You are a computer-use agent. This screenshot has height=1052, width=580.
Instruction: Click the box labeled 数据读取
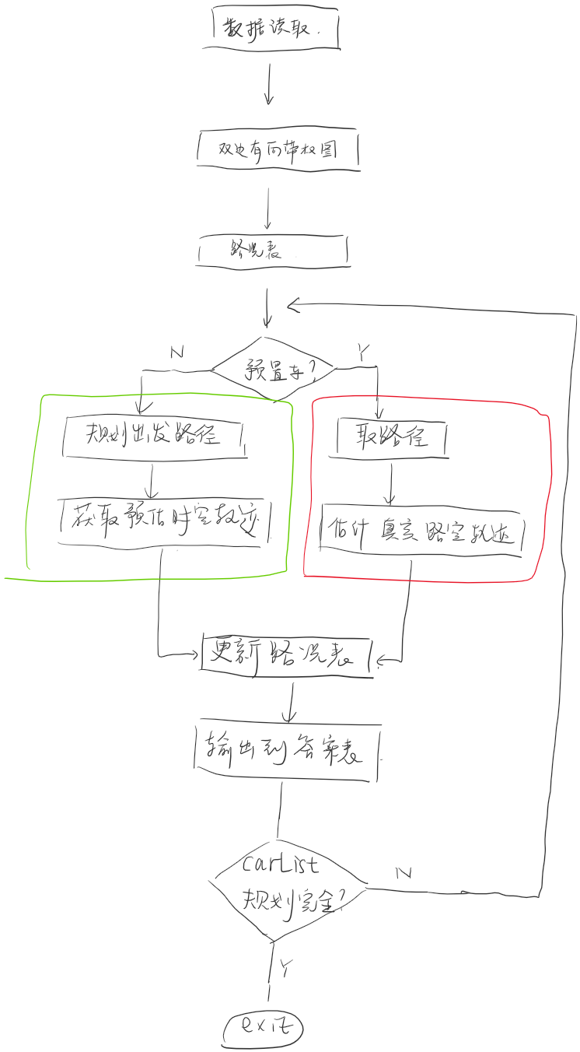coord(276,30)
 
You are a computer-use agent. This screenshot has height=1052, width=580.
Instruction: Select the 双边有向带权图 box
coord(278,149)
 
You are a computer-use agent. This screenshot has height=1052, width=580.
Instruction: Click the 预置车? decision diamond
coord(274,368)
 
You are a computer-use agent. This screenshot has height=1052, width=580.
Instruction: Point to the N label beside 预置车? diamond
coord(176,352)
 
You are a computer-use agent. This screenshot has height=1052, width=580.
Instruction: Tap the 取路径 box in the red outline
coord(392,437)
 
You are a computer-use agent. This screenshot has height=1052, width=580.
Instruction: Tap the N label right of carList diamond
coord(404,872)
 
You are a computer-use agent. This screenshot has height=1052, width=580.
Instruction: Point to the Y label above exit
coord(286,968)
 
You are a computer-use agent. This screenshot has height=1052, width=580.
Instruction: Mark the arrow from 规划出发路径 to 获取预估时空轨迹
coord(153,480)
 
